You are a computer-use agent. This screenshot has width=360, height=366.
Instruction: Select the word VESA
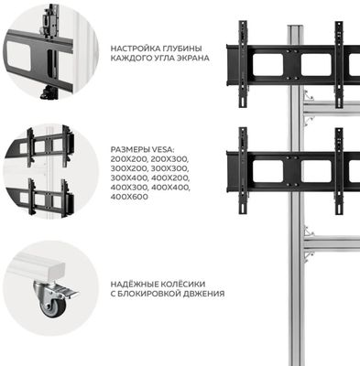161,150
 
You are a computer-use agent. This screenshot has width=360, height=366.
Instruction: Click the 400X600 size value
129,197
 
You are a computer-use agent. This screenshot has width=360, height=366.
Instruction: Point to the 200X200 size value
129,159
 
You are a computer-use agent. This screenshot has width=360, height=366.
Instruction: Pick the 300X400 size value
129,178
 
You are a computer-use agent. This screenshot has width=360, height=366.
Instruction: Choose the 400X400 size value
170,188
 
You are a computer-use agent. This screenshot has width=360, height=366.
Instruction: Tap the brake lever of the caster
69,292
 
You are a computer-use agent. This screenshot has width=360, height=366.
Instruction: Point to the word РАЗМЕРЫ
128,150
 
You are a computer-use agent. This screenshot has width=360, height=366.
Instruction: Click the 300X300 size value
170,168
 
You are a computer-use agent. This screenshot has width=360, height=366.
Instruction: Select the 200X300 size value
170,159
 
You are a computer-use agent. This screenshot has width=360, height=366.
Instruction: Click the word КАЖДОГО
129,58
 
